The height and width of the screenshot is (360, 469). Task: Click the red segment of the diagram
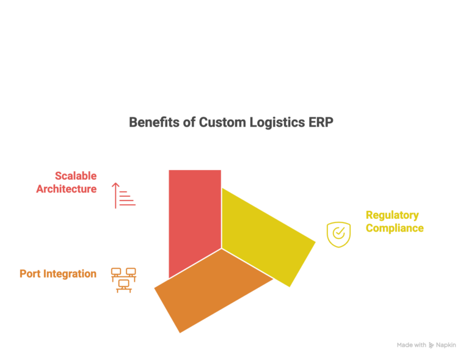[x=194, y=214]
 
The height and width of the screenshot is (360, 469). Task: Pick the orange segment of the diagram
[x=208, y=287]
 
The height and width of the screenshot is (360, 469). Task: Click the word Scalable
[x=76, y=176]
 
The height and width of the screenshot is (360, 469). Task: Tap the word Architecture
[x=66, y=189]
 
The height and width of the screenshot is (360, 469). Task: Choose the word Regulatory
[x=392, y=215]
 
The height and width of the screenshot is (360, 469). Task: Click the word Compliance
[x=394, y=228]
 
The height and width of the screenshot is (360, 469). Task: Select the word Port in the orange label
[x=31, y=274]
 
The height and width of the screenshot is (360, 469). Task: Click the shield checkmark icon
[x=338, y=234]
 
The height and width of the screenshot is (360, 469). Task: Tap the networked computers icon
[x=123, y=280]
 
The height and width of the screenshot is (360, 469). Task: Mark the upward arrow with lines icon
[x=124, y=195]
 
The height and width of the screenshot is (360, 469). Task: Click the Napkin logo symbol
[x=432, y=345]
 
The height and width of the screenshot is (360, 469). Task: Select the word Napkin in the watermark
[x=446, y=345]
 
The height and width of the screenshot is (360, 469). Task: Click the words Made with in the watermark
[x=411, y=345]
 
